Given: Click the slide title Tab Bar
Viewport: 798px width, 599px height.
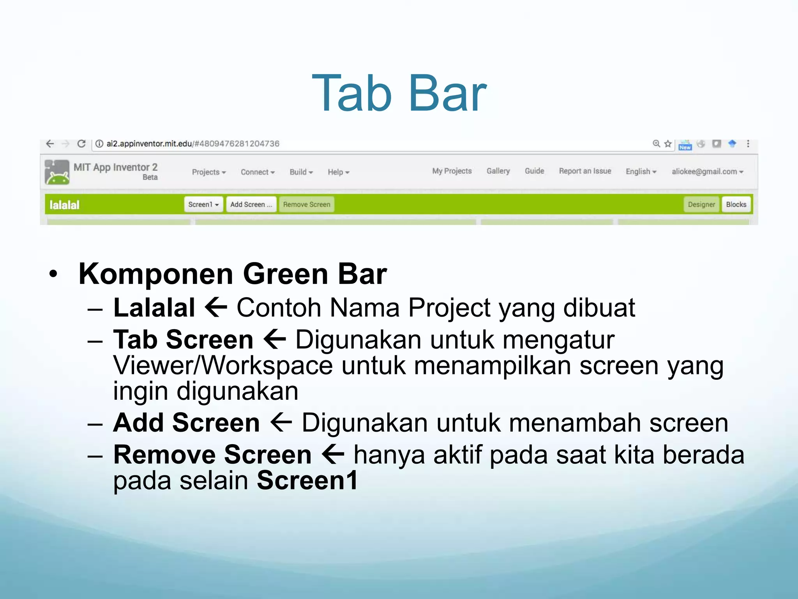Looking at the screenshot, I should coord(399,94).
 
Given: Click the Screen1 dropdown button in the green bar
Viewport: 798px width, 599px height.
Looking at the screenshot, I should coord(203,204).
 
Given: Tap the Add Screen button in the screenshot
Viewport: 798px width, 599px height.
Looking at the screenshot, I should coord(251,204).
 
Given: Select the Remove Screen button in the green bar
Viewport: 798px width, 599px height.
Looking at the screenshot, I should coord(306,204).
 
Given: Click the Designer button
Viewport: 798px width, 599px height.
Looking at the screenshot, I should coord(701,204).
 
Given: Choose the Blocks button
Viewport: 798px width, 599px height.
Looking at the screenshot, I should coord(736,204).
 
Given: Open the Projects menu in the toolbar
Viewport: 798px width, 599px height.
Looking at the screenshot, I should coord(208,172).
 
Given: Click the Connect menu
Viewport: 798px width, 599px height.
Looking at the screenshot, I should coord(257,172).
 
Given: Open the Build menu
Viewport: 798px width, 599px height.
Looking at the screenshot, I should coord(301,172).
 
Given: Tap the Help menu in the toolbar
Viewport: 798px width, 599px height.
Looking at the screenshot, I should coord(338,172).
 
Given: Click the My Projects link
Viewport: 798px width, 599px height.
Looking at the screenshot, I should coord(452,171).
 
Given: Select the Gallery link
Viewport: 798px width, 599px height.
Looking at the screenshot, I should coord(498,171).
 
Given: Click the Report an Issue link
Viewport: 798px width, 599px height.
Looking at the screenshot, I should coord(584,171).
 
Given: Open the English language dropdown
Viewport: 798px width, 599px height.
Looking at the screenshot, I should coord(641,172).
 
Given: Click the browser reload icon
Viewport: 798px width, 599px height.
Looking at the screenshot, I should coord(81,144).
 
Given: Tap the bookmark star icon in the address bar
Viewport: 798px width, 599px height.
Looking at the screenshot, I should coord(668,144).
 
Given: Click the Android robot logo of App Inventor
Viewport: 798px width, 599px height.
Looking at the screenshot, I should coord(57,172).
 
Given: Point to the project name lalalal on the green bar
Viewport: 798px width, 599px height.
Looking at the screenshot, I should coord(64,205).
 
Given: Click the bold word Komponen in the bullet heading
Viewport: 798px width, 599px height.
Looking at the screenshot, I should coord(156,274).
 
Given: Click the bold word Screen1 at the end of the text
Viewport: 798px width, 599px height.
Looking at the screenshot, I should coord(307,480).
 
